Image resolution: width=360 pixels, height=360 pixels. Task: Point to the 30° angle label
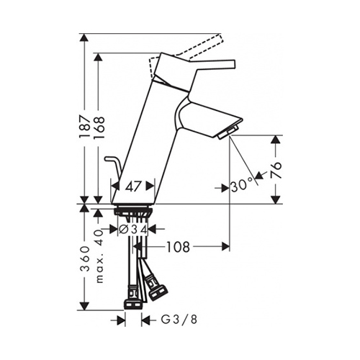242,185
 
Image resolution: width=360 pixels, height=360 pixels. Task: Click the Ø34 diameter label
133,230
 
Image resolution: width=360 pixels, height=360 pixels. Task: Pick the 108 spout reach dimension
178,247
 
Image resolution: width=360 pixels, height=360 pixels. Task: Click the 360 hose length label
86,258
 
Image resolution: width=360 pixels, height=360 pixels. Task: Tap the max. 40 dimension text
99,257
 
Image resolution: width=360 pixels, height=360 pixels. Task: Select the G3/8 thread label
179,320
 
